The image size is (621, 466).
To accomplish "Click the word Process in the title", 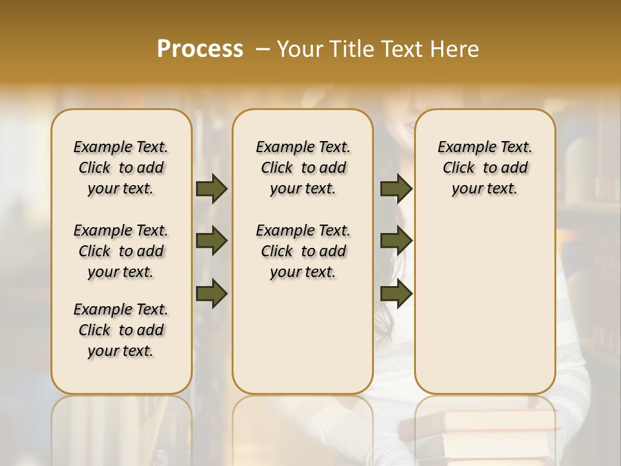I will click(200, 49).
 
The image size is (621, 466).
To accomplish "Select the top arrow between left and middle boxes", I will click(212, 189).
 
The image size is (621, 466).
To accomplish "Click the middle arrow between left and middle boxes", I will click(212, 241).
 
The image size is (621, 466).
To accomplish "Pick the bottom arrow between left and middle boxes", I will click(212, 294).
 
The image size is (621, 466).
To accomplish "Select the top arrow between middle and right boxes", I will click(396, 189).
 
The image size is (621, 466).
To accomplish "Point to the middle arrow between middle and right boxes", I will click(396, 241).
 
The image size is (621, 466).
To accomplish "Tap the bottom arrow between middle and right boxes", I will click(396, 294).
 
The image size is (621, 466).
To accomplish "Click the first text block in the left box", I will click(121, 168).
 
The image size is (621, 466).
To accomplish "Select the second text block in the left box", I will click(121, 251).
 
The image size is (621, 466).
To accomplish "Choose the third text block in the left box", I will click(121, 330).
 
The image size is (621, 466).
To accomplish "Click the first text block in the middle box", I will click(303, 168).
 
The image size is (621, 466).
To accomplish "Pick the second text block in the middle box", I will click(303, 251).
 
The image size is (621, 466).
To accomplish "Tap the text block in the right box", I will click(485, 168).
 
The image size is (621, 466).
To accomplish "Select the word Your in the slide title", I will click(298, 49).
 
